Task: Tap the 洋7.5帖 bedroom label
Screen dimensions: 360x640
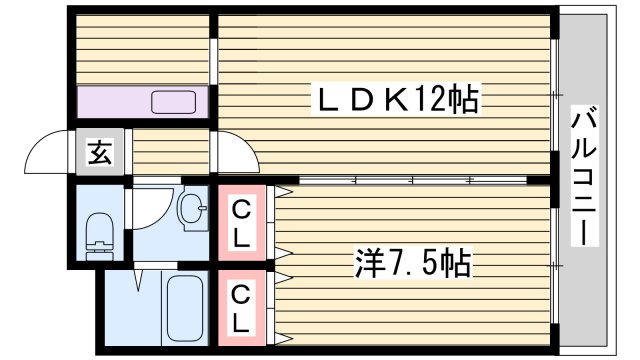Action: pos(411,264)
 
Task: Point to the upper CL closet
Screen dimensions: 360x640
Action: pos(242,224)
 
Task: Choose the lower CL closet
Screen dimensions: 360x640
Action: pos(242,308)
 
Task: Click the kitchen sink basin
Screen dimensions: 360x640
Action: pos(175,101)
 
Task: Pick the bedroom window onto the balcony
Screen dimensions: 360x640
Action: pos(555,264)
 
